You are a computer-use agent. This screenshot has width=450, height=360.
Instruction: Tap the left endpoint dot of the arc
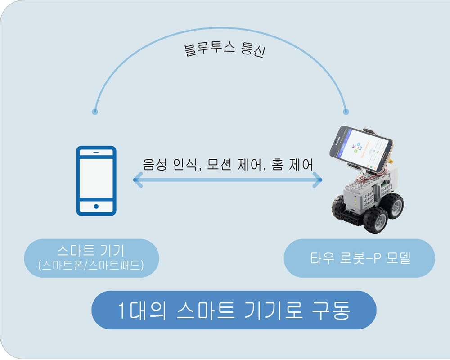pos(95,112)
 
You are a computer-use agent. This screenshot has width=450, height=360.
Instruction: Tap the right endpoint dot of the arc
pos(346,112)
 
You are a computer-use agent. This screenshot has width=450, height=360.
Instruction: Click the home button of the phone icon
pos(96,207)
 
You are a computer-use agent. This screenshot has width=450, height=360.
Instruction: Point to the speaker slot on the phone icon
pos(96,152)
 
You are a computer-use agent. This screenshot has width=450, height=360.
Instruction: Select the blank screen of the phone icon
pos(96,178)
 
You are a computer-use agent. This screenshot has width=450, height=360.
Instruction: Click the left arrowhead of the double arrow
pos(138,180)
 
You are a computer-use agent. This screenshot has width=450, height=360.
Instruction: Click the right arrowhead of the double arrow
pos(317,180)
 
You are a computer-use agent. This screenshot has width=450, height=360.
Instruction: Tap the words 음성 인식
pos(170,165)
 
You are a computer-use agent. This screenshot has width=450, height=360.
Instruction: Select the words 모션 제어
pos(233,165)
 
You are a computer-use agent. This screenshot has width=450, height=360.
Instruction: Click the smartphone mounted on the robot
pos(361,149)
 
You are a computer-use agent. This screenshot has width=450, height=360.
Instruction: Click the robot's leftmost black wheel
pos(339,207)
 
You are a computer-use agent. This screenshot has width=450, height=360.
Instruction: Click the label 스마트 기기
pos(91,250)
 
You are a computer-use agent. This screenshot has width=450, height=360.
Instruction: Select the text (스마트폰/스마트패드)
pos(91,265)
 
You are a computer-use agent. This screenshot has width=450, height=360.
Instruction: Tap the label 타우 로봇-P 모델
pos(360,258)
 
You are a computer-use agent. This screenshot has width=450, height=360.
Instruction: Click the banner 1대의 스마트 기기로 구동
pos(234,310)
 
